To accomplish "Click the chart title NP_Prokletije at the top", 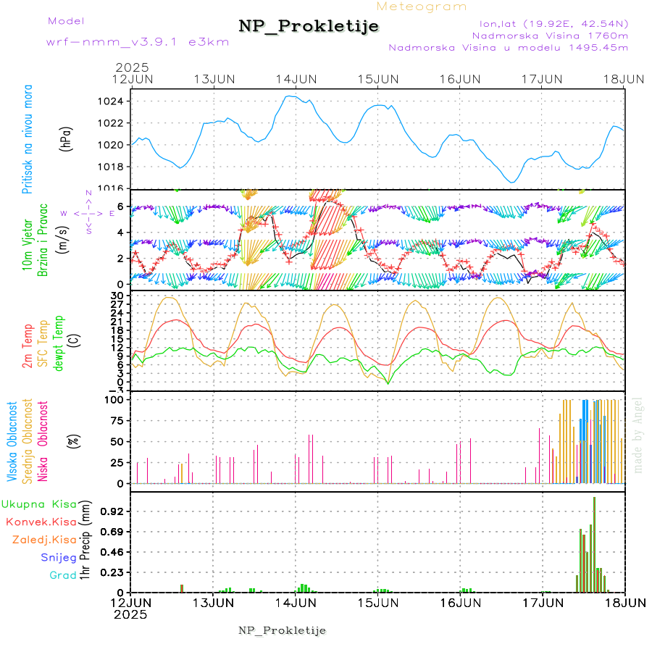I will [x=309, y=26].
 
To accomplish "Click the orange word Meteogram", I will [x=422, y=7].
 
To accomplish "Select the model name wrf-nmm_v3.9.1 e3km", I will [x=138, y=41].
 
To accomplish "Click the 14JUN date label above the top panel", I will [x=296, y=79].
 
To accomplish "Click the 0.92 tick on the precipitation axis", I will [x=113, y=511].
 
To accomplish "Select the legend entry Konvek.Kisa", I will [x=41, y=522].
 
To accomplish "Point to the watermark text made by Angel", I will [x=638, y=435].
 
